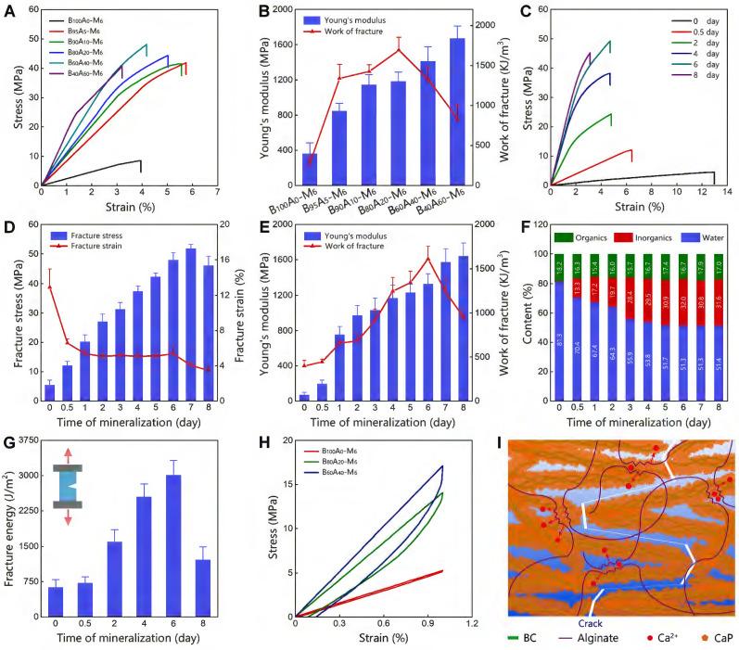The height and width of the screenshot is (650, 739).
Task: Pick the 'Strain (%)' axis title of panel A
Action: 131,207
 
